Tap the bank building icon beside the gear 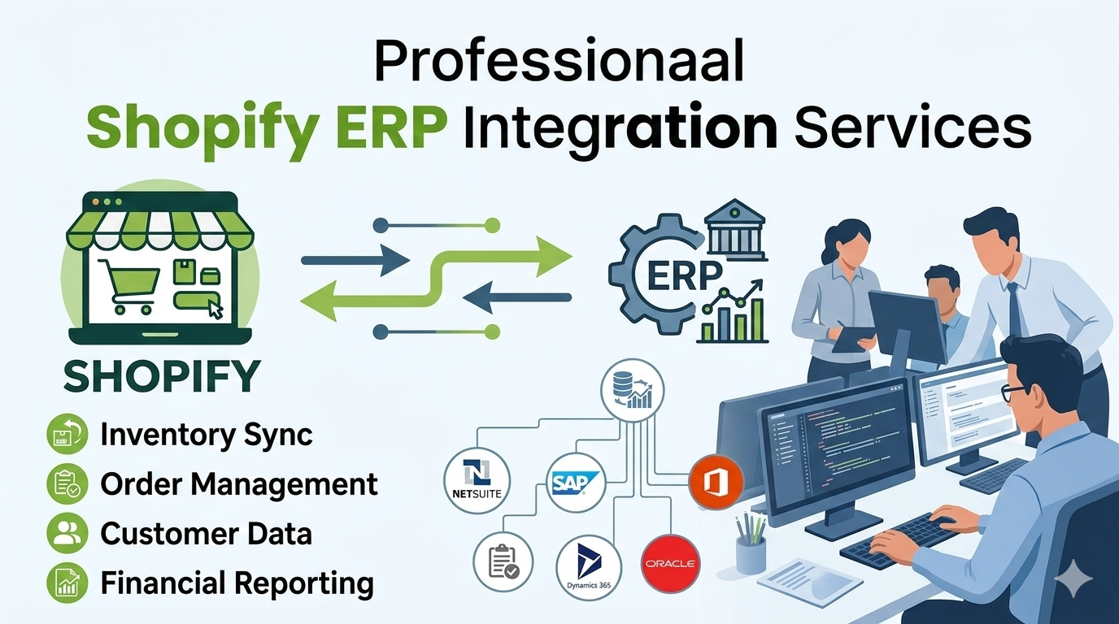[734, 230]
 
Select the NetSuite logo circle [477, 479]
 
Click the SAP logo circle [576, 481]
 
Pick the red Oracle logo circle [670, 564]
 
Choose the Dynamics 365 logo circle [589, 567]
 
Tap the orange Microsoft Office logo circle [716, 483]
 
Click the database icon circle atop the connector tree [633, 390]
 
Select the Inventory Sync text [207, 435]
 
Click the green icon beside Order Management [67, 483]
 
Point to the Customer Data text [207, 533]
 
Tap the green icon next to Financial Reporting [67, 583]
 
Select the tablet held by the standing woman [853, 339]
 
